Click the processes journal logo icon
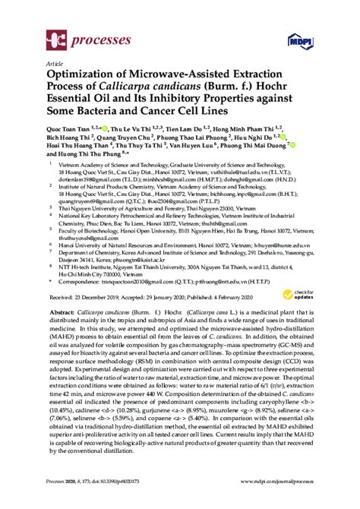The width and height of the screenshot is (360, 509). [x=55, y=35]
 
